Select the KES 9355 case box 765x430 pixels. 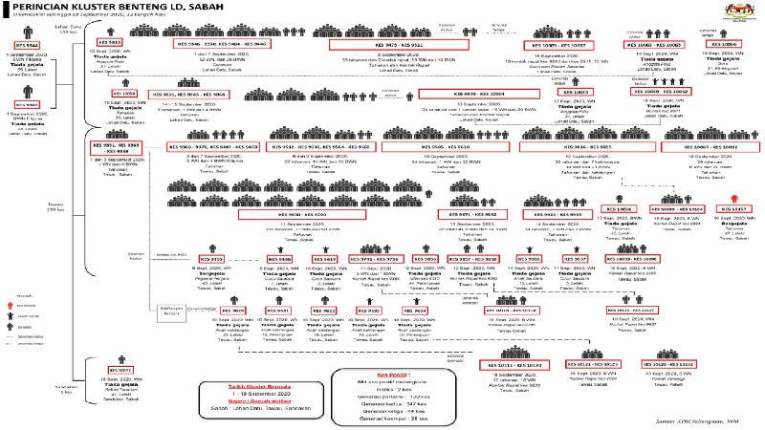(210, 259)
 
